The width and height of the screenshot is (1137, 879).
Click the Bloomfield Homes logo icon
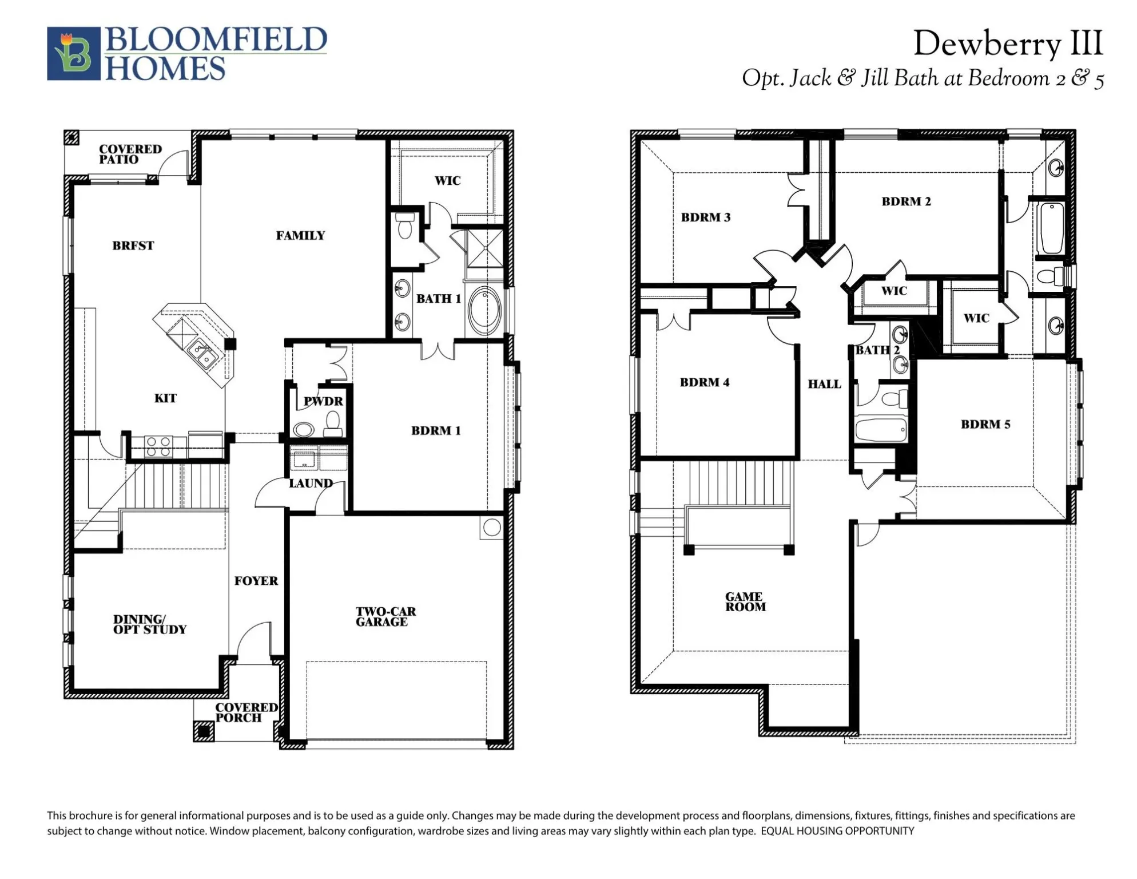click(x=74, y=53)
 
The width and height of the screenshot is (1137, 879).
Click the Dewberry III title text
click(x=1007, y=43)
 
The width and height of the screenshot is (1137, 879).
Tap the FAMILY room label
click(x=300, y=235)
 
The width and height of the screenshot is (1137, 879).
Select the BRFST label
click(x=133, y=246)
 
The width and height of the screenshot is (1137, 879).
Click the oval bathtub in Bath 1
click(x=484, y=311)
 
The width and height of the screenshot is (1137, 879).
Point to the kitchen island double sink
click(x=202, y=353)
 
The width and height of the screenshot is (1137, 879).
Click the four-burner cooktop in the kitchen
click(x=158, y=446)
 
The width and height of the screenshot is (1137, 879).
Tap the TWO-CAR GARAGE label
click(x=385, y=616)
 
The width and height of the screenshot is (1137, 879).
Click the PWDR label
click(x=323, y=401)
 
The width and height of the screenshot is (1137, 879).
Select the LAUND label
click(x=311, y=483)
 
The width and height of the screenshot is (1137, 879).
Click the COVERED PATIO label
click(x=130, y=154)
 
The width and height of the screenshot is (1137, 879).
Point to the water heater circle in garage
click(x=492, y=527)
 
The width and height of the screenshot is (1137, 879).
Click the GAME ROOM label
click(x=745, y=601)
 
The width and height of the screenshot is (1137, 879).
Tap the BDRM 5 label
click(x=985, y=424)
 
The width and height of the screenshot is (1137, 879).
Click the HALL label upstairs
click(x=824, y=384)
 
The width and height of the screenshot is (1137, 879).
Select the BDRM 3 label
click(x=705, y=217)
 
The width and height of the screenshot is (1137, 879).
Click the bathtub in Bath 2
click(x=881, y=429)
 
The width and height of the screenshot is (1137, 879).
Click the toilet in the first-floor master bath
click(x=405, y=227)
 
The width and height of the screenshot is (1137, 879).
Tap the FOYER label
click(x=256, y=580)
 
